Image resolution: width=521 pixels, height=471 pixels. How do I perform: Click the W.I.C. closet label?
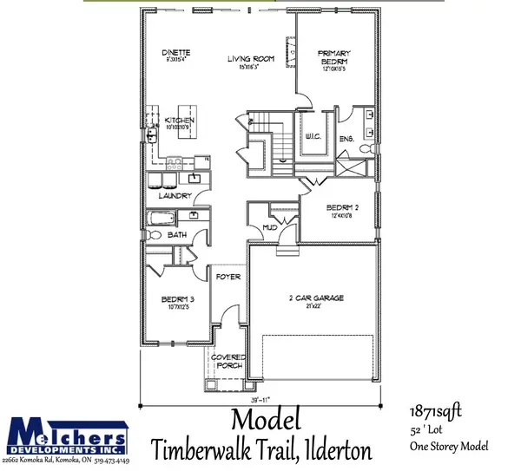click(x=313, y=135)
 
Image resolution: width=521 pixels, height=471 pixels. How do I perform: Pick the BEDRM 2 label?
click(x=340, y=208)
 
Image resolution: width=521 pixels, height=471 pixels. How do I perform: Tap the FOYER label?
click(x=228, y=277)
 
